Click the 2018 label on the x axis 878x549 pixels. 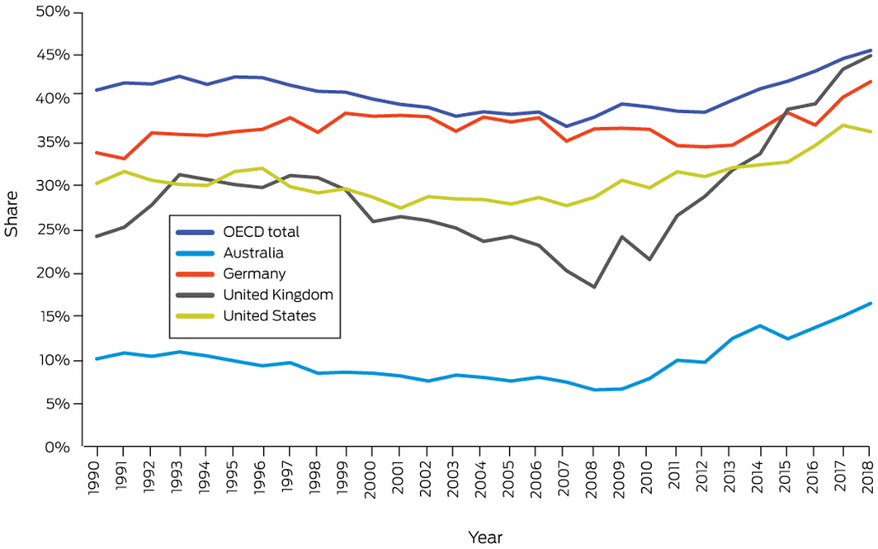point(868,477)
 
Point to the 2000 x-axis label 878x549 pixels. point(371,477)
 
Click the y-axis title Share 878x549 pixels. point(12,219)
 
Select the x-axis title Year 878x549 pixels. point(484,537)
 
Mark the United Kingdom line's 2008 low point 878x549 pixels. point(593,286)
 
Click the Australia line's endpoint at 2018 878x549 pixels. point(870,303)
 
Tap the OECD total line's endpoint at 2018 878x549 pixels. point(870,50)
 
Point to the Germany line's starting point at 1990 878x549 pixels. point(97,153)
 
